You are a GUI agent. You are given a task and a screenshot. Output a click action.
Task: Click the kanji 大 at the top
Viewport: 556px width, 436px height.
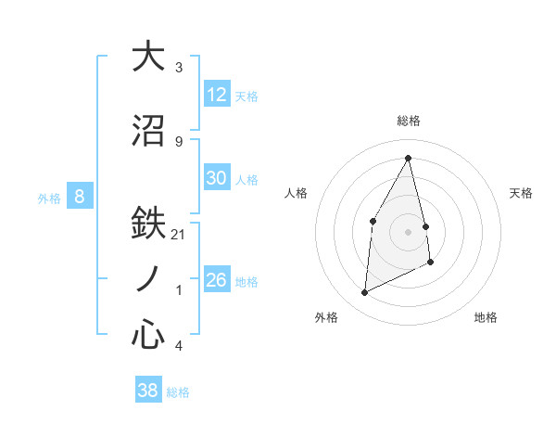click(148, 57)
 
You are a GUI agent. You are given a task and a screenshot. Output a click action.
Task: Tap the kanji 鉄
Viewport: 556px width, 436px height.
click(148, 224)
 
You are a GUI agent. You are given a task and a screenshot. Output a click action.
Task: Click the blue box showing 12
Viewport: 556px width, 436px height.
click(217, 94)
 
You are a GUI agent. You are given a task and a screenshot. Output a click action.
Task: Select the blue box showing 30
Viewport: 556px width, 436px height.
click(217, 178)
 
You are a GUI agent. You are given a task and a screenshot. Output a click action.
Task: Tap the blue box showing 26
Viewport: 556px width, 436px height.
click(217, 280)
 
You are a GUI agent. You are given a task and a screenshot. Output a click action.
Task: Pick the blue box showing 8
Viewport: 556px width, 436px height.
click(80, 196)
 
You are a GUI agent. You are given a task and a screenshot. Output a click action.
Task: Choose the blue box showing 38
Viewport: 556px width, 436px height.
click(148, 391)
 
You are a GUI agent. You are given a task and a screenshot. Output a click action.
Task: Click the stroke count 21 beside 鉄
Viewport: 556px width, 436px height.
click(179, 235)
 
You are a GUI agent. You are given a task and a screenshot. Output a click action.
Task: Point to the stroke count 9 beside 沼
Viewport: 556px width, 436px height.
click(179, 141)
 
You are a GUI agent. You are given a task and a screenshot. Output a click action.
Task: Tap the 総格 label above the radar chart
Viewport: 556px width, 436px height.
click(408, 121)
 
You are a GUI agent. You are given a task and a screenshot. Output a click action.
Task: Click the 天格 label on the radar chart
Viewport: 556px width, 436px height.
click(522, 193)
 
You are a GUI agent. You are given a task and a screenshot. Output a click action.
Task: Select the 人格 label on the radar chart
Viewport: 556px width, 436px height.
click(296, 193)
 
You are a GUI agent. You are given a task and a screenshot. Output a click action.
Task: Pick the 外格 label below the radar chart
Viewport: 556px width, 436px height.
click(326, 317)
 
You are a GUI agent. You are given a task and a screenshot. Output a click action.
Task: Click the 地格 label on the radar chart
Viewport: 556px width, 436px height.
click(486, 317)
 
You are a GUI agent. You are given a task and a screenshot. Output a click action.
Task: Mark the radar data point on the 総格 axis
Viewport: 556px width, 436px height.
click(408, 157)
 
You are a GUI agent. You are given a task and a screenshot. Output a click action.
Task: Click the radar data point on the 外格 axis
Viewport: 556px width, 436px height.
click(364, 293)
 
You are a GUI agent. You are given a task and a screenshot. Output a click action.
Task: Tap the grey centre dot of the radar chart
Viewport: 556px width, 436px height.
click(408, 231)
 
